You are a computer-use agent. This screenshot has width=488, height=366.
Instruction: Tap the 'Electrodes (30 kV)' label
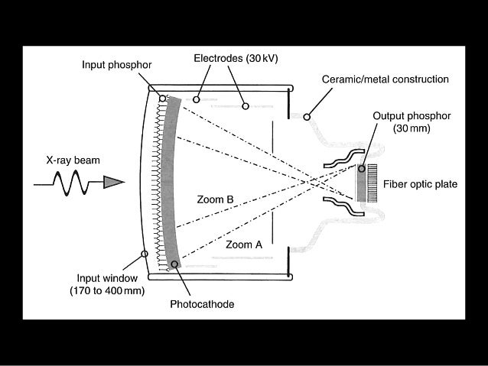(x=230, y=58)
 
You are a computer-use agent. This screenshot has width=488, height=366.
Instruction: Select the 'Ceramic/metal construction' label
(x=386, y=79)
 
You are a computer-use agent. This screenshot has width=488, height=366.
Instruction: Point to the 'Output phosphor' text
(x=412, y=115)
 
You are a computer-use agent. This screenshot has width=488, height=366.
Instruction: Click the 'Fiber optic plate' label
(x=425, y=183)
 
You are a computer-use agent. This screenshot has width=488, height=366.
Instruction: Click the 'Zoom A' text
(x=244, y=245)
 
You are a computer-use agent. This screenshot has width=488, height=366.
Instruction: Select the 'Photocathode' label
(x=202, y=303)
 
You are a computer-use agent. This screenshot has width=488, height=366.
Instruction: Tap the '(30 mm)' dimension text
(x=412, y=128)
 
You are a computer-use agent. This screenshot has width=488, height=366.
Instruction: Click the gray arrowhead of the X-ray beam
(x=112, y=183)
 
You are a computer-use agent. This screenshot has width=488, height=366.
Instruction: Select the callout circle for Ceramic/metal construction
(x=306, y=117)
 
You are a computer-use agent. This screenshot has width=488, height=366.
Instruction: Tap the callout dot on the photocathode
(x=174, y=264)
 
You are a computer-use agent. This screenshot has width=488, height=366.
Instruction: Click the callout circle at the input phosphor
(x=162, y=98)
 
